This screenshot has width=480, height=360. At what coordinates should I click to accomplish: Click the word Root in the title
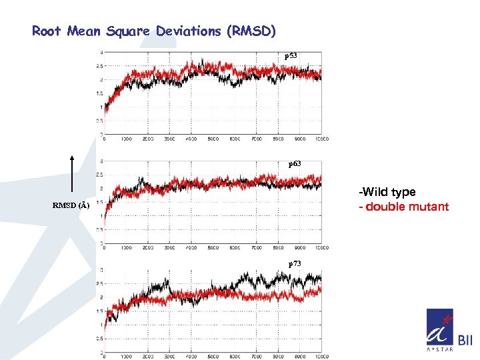(47, 31)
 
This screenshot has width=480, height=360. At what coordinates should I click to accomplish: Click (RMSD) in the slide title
(251, 31)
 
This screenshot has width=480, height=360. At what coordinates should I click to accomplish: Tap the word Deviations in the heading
(184, 31)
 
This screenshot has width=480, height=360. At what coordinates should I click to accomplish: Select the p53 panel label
(291, 56)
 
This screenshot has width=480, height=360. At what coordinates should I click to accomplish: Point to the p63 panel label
(294, 163)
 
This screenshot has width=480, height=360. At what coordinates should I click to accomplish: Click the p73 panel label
(294, 264)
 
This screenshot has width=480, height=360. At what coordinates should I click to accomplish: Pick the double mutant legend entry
(404, 207)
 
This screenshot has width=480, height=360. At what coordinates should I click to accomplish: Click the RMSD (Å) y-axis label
(71, 205)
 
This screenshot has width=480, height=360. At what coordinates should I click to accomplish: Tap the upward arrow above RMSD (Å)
(71, 173)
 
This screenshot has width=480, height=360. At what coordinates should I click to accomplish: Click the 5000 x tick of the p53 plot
(213, 139)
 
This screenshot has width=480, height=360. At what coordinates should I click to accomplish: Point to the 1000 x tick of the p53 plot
(125, 139)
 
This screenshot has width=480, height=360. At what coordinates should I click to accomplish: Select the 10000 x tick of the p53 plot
(321, 139)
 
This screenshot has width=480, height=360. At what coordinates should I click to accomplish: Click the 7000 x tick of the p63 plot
(257, 247)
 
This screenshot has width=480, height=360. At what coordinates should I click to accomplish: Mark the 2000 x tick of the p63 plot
(147, 247)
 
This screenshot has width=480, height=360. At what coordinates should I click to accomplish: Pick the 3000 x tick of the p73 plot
(169, 357)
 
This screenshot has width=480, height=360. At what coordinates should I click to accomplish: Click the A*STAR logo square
(439, 331)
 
